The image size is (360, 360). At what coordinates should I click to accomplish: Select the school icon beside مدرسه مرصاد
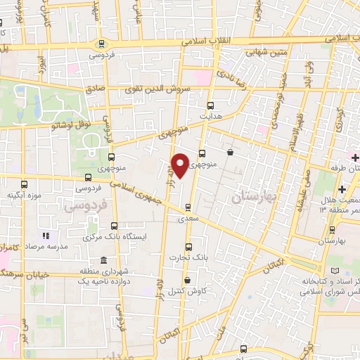pyautogui.click(x=46, y=236)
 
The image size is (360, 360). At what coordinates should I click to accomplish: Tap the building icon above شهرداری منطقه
pyautogui.click(x=103, y=260)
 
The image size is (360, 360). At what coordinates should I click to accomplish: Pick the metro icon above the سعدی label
pyautogui.click(x=188, y=207)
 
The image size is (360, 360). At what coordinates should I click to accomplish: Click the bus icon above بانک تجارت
pyautogui.click(x=188, y=247)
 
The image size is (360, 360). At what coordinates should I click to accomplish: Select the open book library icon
pyautogui.click(x=333, y=271)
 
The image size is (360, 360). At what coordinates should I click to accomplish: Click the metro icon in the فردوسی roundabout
pyautogui.click(x=101, y=43)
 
